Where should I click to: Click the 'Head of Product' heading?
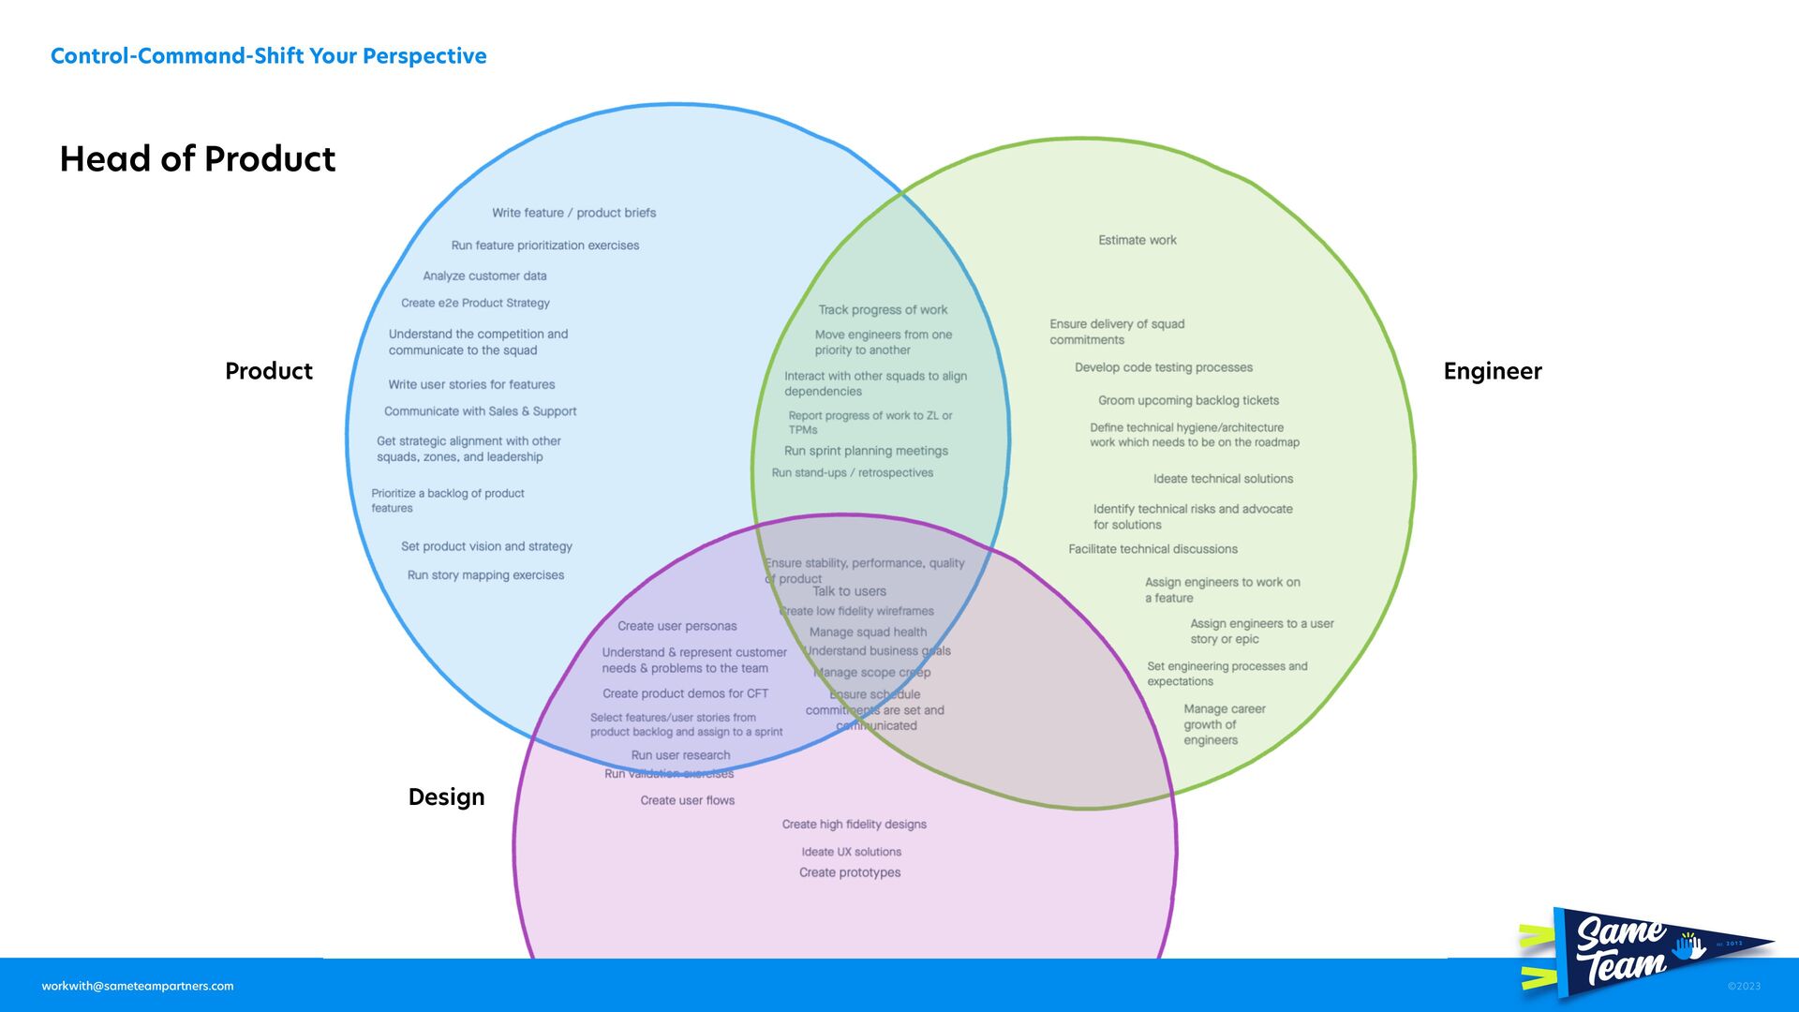(x=197, y=159)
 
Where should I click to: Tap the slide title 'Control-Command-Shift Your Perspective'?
(x=268, y=56)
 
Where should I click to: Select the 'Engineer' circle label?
(x=1492, y=371)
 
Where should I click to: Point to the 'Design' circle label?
(x=446, y=796)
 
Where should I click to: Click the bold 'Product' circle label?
(x=268, y=371)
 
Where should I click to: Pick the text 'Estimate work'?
(x=1137, y=240)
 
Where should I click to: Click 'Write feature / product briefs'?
(x=573, y=213)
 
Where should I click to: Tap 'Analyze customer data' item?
(x=484, y=275)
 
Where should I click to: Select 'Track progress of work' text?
(x=883, y=310)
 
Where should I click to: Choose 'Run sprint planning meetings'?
(x=866, y=451)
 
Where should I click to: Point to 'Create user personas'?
(x=676, y=626)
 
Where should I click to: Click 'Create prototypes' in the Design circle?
(x=850, y=872)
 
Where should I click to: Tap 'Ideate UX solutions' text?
(x=851, y=852)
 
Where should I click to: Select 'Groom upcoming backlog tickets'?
(x=1188, y=400)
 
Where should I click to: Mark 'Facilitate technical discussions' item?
(x=1152, y=549)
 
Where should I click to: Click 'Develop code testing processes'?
(x=1163, y=367)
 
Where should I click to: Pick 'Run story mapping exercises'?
(x=485, y=575)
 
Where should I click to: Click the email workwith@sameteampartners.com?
(x=138, y=986)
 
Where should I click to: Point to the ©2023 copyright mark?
(x=1744, y=986)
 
